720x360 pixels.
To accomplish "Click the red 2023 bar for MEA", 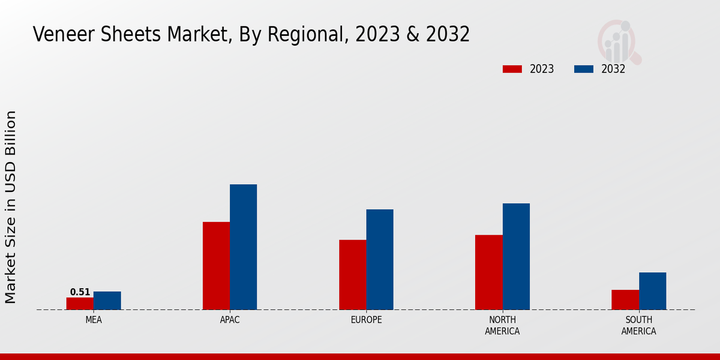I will pos(80,304).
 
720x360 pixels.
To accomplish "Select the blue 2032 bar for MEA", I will pos(107,301).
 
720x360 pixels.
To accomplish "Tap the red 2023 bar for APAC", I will pos(216,266).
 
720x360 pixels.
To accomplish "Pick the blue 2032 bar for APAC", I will pos(244,247).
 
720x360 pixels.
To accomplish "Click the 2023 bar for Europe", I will pos(353,275).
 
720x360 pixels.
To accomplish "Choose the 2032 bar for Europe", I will pos(380,260).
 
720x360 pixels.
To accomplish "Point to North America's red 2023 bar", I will pos(489,272).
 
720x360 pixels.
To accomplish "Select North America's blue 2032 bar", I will pos(516,257).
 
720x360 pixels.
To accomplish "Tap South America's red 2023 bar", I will pos(625,300).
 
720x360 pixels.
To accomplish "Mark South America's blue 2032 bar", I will pos(653,291).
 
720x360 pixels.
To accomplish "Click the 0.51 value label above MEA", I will pos(80,292).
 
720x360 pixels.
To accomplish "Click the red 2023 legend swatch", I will pos(512,69).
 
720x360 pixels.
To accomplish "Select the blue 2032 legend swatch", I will pos(584,69).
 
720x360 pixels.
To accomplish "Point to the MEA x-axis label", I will pos(94,320).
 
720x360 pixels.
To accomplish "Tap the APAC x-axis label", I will pos(230,320).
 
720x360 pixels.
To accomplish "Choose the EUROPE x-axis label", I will pos(366,320).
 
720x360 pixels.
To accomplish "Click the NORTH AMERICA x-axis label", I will pos(502,325).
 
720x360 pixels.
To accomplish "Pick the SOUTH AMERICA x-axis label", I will pos(638,325).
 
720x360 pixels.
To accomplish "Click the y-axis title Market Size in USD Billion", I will pos(11,207).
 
